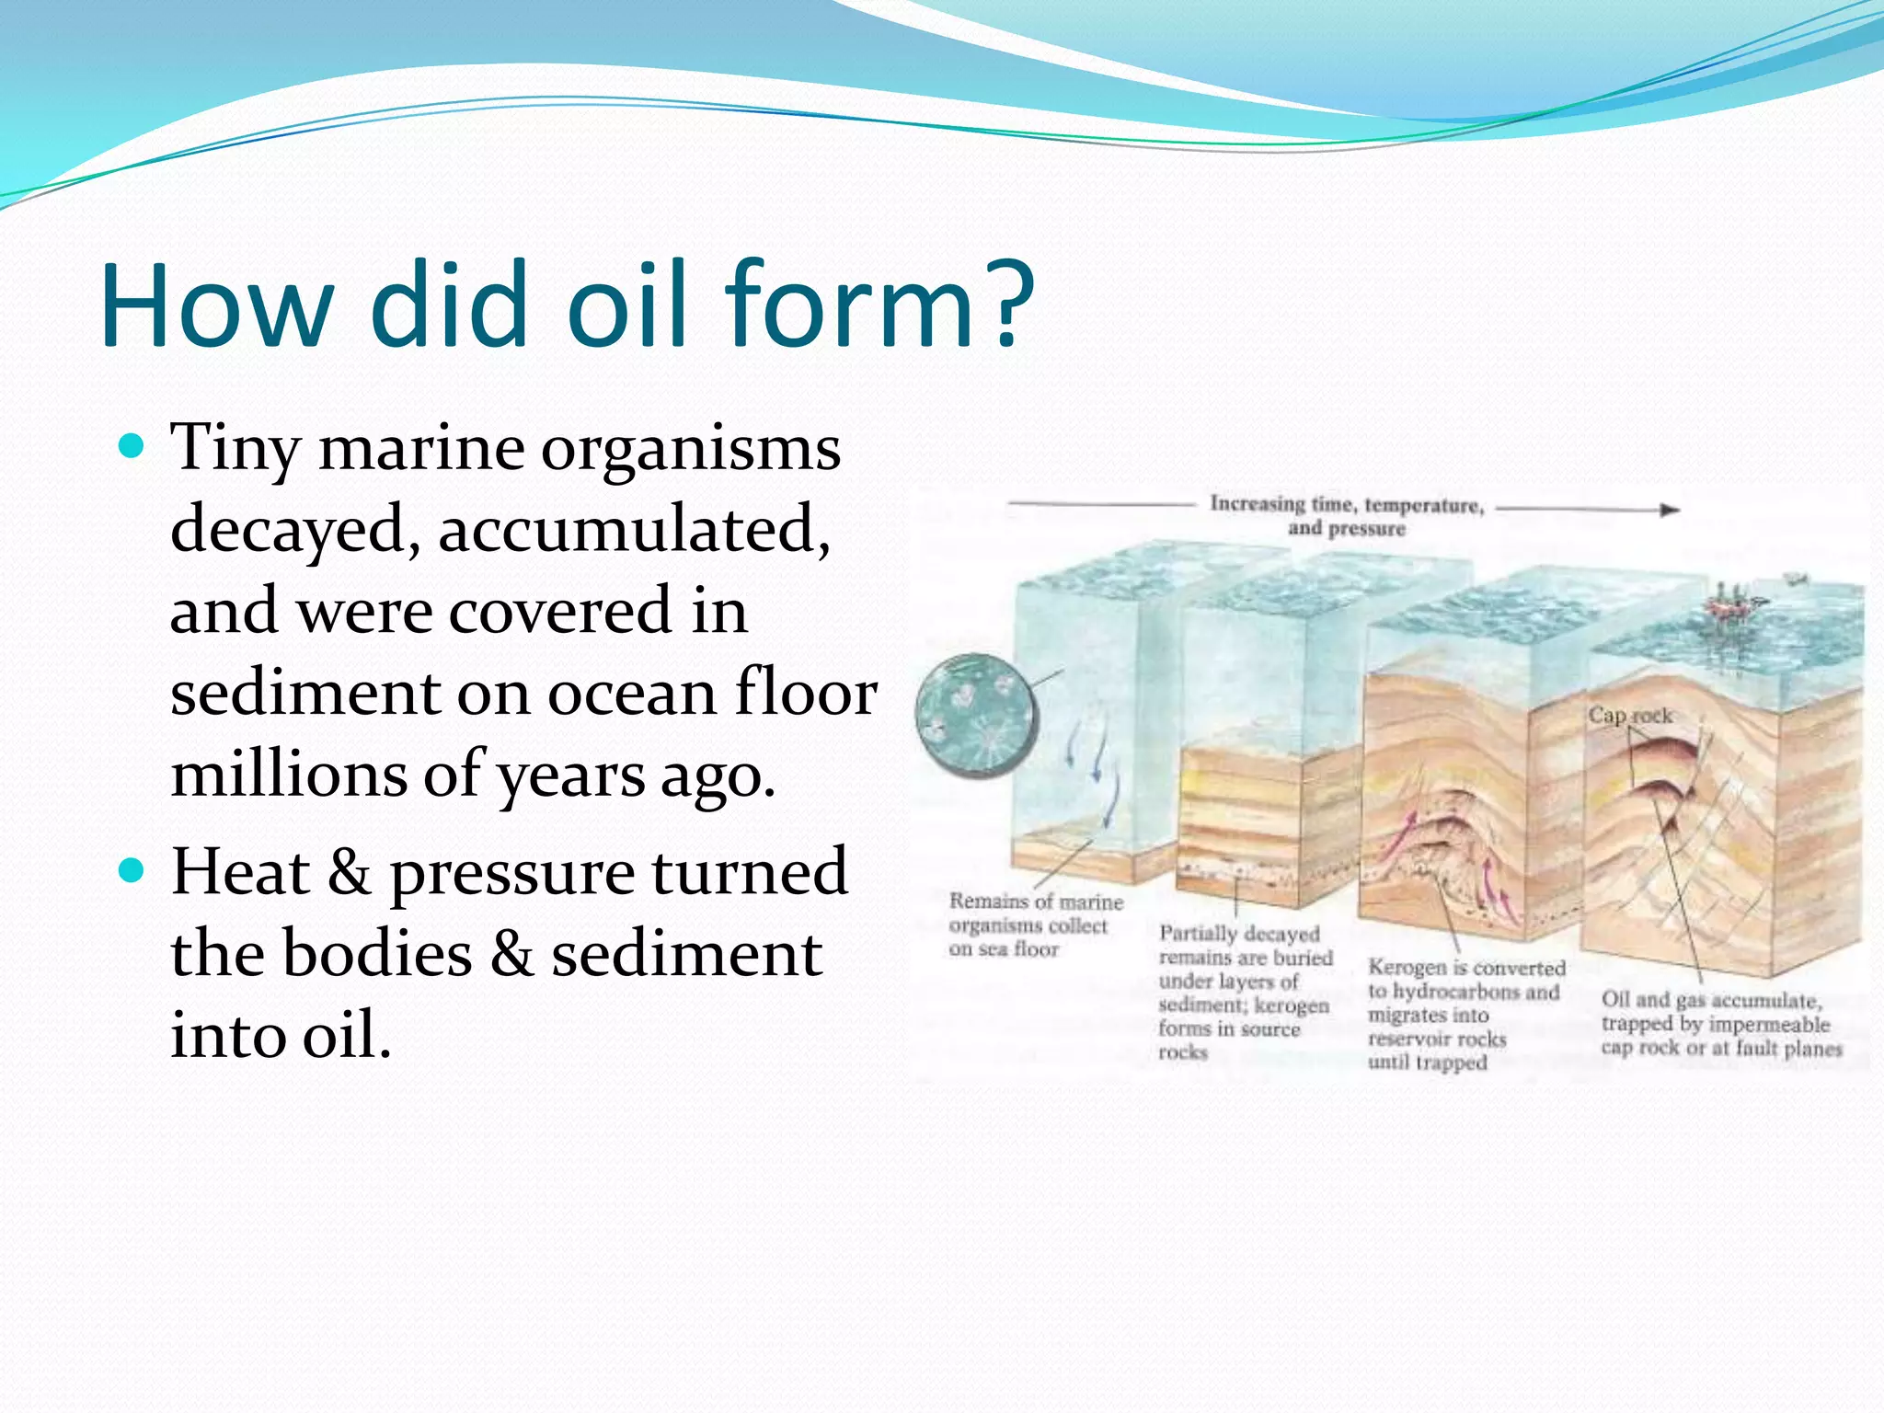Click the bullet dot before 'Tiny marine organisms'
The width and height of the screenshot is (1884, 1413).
click(x=132, y=448)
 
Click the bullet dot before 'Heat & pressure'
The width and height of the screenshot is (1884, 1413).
click(x=132, y=870)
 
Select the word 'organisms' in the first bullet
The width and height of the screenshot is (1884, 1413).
click(x=690, y=451)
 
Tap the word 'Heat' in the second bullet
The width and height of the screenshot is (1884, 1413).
click(x=240, y=872)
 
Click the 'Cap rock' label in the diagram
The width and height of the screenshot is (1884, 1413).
click(x=1629, y=715)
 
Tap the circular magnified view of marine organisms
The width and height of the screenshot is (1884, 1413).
click(x=976, y=716)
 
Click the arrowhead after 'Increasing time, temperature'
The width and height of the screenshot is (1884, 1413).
click(x=1670, y=510)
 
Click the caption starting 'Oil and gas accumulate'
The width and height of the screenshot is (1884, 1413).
click(x=1720, y=1024)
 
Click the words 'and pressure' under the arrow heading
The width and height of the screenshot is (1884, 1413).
click(x=1346, y=529)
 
